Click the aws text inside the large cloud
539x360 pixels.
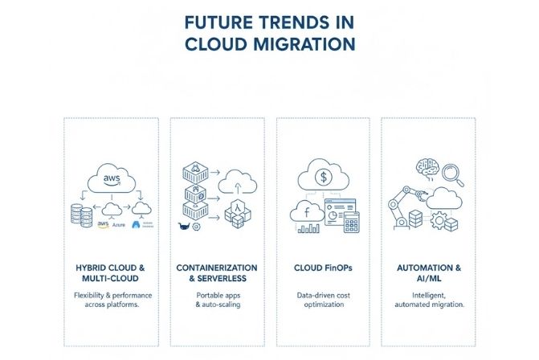(112, 177)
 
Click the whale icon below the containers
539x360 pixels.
(184, 227)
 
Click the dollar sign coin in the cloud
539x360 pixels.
(322, 175)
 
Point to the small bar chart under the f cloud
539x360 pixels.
(308, 228)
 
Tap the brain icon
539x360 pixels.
(423, 170)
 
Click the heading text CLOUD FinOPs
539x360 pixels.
(322, 267)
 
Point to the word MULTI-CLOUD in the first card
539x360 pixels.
(110, 277)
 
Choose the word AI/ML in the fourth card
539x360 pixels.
(427, 277)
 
